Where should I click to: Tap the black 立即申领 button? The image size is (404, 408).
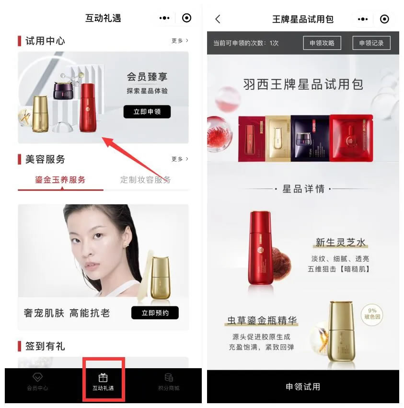coord(147,112)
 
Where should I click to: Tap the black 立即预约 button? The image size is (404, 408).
coord(154,313)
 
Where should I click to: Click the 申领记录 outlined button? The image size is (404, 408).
coord(371,43)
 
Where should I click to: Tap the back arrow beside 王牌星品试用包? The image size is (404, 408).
coord(218,19)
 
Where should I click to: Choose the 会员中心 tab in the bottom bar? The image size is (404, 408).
coord(37,382)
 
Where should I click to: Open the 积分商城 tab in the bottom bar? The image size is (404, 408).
coord(169,382)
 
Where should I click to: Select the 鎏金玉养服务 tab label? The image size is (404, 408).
coord(60,180)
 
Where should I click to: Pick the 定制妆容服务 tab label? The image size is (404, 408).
coord(145,180)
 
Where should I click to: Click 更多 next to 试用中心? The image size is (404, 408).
coord(180,41)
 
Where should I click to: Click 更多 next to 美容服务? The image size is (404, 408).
coord(180,159)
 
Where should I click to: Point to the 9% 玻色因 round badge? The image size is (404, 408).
coord(372,314)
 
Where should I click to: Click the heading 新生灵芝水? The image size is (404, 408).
coord(341,243)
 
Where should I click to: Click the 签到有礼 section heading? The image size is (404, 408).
coord(45,346)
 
